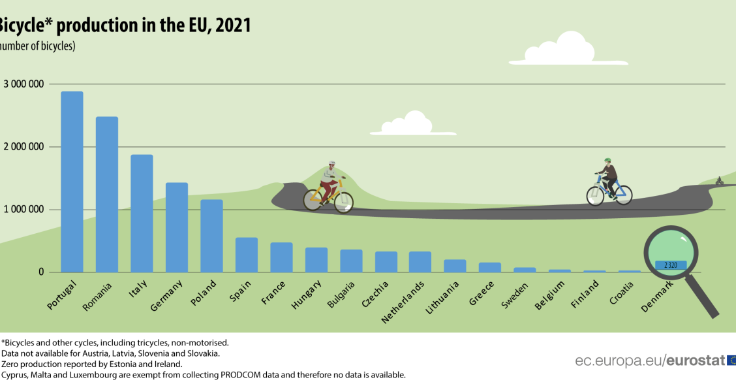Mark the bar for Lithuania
[x=455, y=266]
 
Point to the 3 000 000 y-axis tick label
[x=24, y=84]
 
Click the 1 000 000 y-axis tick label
[x=24, y=210]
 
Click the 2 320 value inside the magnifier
[x=671, y=265]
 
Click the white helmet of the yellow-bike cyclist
[x=331, y=164]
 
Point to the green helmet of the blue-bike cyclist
[x=607, y=160]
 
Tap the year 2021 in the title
[x=234, y=25]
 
